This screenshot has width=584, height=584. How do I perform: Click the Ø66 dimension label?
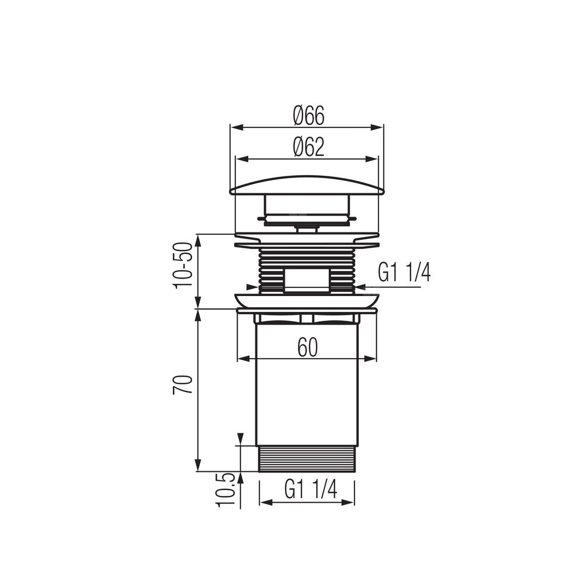[x=309, y=116]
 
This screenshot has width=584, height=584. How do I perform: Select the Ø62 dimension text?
[x=309, y=147]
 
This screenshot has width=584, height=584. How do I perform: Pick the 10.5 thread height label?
[x=225, y=490]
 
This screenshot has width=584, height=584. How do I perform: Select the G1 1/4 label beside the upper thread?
[x=404, y=273]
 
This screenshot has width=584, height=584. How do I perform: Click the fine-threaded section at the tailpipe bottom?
[x=307, y=458]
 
